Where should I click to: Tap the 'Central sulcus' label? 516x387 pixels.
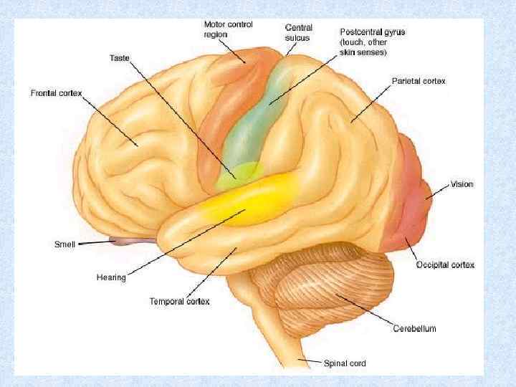pyautogui.click(x=299, y=32)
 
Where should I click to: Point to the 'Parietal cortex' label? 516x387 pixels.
pyautogui.click(x=419, y=81)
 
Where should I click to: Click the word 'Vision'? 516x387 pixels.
pyautogui.click(x=462, y=184)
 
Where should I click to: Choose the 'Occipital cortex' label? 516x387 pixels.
pyautogui.click(x=445, y=265)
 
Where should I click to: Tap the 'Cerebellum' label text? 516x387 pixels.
pyautogui.click(x=414, y=328)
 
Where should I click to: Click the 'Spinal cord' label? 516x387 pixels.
pyautogui.click(x=345, y=363)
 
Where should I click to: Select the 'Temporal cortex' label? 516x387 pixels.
pyautogui.click(x=179, y=302)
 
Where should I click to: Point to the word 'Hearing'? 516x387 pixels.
pyautogui.click(x=111, y=277)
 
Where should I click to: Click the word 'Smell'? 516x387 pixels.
pyautogui.click(x=65, y=244)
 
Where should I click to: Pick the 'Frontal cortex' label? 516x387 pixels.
pyautogui.click(x=57, y=93)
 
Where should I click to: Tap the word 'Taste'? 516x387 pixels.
pyautogui.click(x=120, y=57)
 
